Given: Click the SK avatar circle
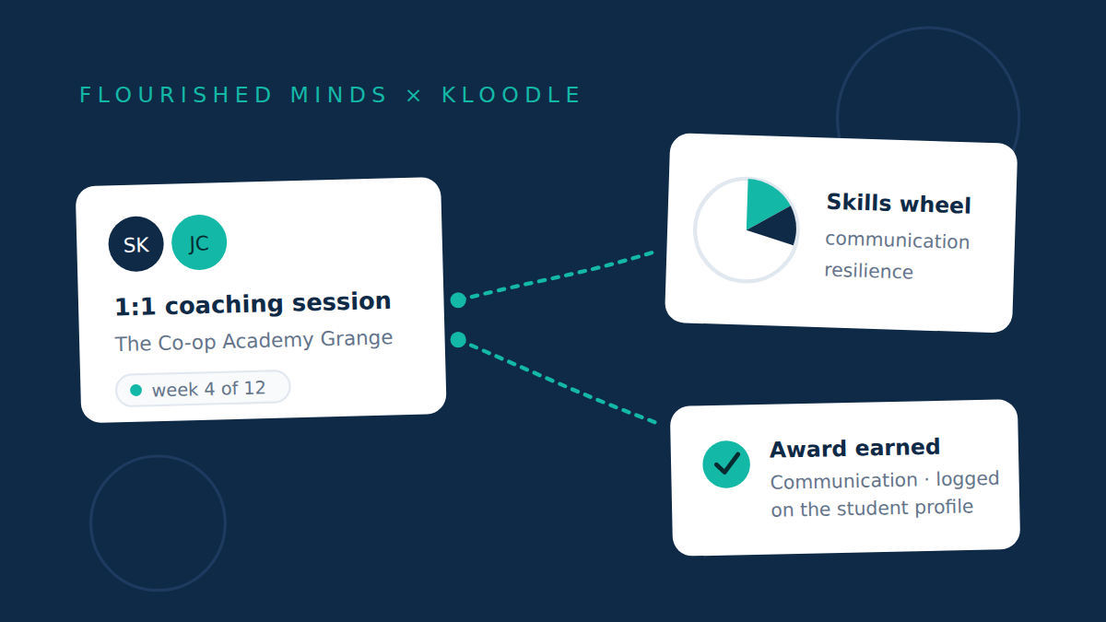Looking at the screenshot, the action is point(135,244).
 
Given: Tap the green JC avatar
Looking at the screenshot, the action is point(199,242).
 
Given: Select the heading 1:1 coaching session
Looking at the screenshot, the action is point(253,303).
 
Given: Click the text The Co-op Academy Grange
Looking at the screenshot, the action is point(253,341).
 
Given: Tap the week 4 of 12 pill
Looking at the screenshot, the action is point(203,389).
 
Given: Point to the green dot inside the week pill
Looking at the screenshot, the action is point(135,391).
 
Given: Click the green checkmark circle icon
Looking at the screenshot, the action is point(726,464).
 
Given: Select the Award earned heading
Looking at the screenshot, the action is point(854,448).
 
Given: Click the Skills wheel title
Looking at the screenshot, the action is point(899,204).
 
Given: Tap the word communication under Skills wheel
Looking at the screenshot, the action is point(897,241).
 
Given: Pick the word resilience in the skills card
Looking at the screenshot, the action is point(868,271).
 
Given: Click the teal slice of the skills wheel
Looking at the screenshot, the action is point(763,203).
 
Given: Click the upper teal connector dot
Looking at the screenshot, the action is point(458,300).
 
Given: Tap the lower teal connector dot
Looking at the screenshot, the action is point(458,340).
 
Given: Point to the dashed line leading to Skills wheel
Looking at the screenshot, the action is point(562,276).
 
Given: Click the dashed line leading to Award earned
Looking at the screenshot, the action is point(562,383).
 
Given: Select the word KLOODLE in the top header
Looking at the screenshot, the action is point(512,95).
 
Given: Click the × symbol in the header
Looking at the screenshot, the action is point(414,96).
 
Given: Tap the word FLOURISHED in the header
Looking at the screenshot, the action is point(176,95).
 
